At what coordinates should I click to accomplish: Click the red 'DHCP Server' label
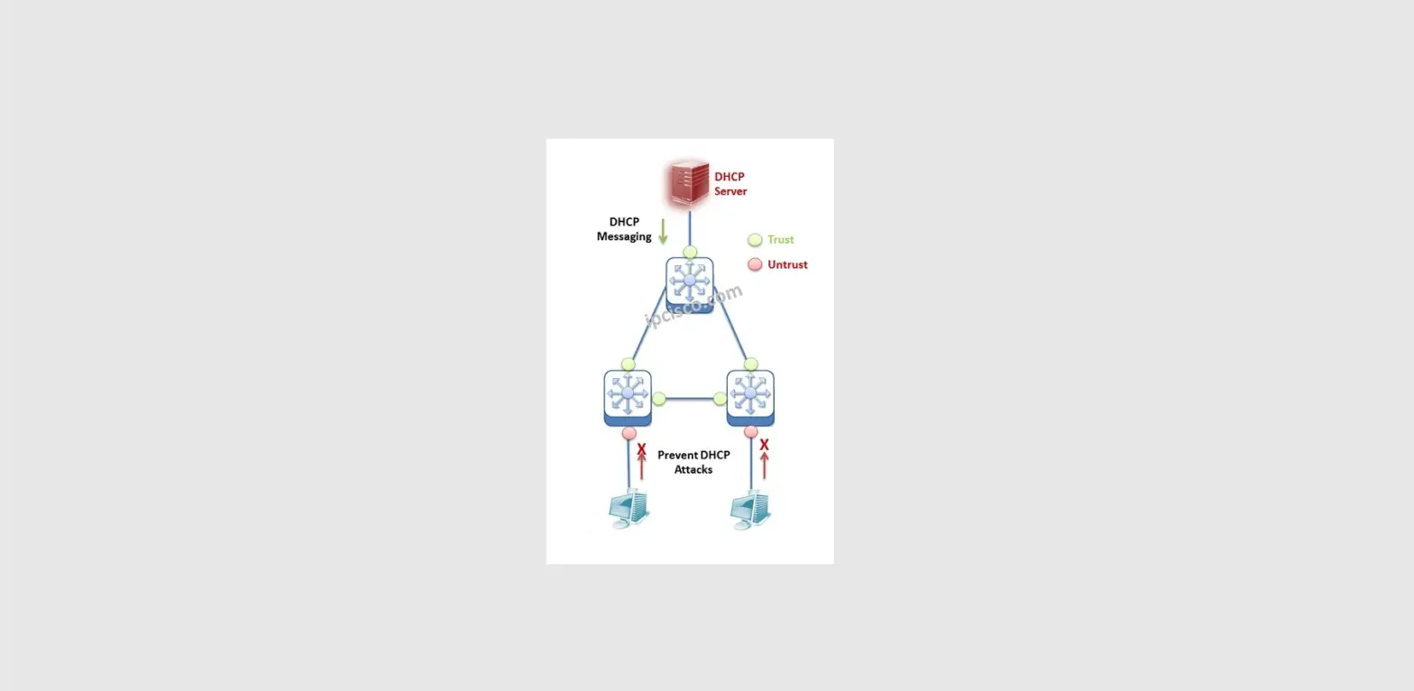point(730,184)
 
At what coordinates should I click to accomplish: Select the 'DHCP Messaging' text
point(624,229)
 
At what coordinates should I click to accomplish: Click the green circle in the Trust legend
point(755,240)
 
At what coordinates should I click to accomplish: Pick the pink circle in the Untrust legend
point(755,265)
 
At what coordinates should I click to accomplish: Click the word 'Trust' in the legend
point(781,240)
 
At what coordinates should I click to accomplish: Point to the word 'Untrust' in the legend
point(787,265)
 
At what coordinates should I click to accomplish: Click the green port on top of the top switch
point(690,253)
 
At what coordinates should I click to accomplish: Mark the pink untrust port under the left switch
point(629,433)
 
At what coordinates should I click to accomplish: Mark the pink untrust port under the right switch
point(750,433)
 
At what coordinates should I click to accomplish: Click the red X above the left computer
point(641,448)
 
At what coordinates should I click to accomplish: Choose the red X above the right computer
point(764,445)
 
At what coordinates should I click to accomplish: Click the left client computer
point(629,510)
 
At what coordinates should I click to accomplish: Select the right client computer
point(751,510)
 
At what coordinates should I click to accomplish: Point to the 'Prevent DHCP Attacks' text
point(693,462)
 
